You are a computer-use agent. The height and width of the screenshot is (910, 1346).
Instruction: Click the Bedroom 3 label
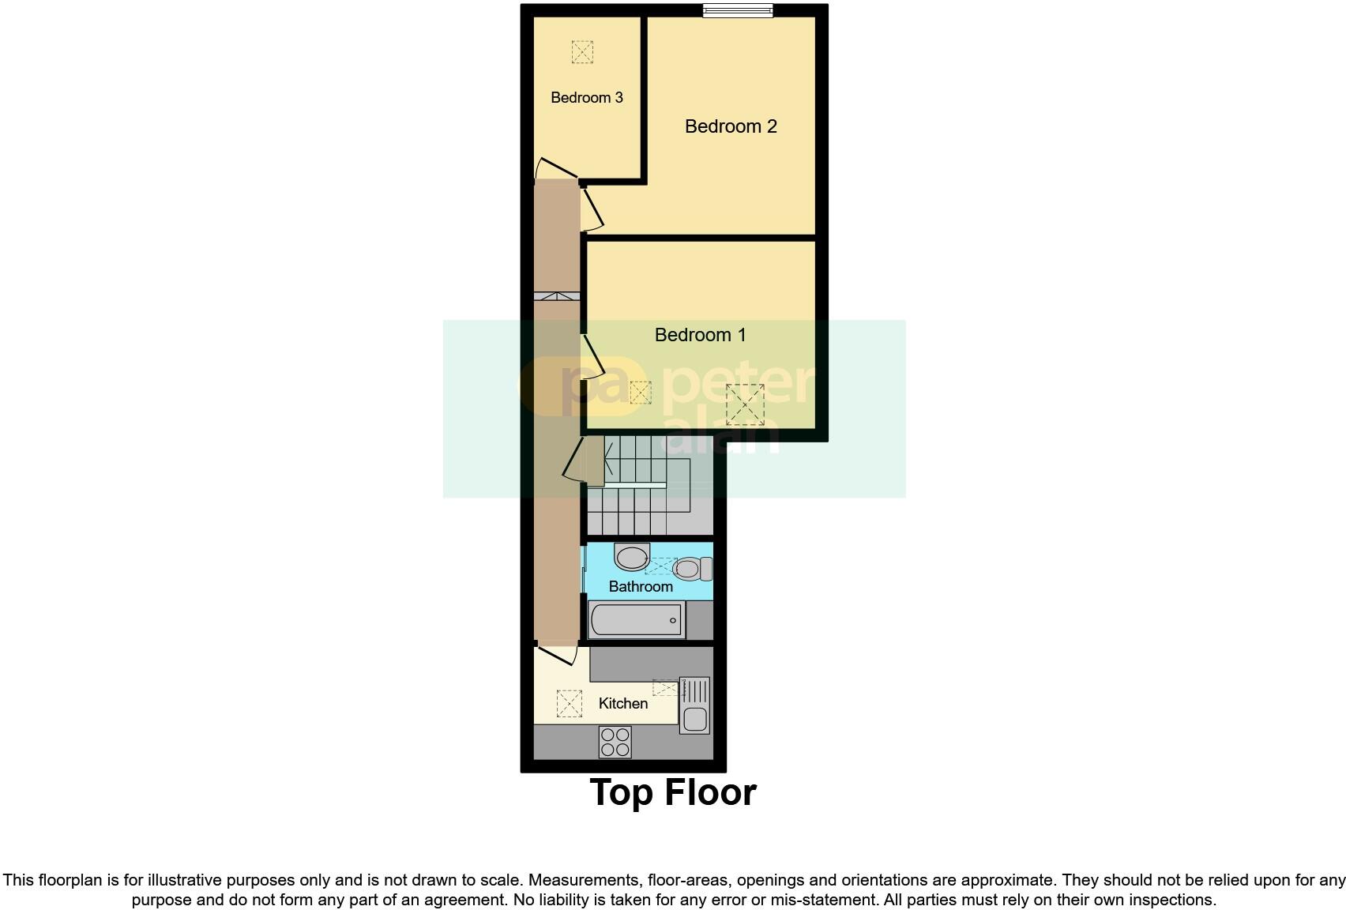(x=586, y=97)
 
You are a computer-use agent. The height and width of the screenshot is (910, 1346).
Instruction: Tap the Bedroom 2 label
(x=731, y=126)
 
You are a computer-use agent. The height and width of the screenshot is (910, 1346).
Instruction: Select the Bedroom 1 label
(x=700, y=335)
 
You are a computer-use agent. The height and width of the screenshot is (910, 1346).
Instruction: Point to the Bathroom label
(x=641, y=586)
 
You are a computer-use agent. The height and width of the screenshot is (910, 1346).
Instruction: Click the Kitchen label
(x=622, y=703)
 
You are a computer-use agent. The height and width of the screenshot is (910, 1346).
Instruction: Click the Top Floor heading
(x=673, y=792)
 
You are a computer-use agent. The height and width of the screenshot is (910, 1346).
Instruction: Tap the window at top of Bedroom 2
(x=738, y=10)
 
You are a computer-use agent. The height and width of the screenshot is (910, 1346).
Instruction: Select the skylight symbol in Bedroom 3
(x=582, y=52)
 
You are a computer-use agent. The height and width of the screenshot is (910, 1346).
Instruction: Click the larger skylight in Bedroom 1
(x=745, y=404)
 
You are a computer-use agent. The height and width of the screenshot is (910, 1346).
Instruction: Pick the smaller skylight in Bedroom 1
(x=641, y=393)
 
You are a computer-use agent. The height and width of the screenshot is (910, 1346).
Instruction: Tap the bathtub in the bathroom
(x=636, y=620)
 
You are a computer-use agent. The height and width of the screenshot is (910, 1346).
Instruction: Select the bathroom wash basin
(x=631, y=557)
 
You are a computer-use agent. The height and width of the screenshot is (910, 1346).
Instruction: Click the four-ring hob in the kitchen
(x=615, y=743)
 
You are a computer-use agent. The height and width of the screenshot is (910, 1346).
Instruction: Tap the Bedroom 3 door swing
(x=555, y=168)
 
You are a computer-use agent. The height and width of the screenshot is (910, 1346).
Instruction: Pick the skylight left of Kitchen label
(x=569, y=703)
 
